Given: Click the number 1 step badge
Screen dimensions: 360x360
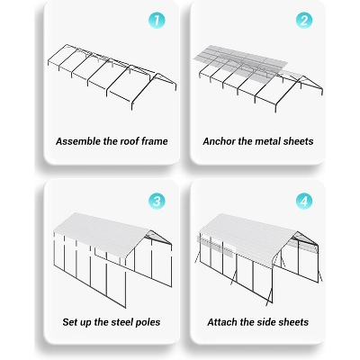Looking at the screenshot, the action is tap(157, 20).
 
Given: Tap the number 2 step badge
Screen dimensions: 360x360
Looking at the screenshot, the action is tap(304, 20).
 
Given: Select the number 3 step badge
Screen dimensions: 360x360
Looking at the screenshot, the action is tap(157, 201).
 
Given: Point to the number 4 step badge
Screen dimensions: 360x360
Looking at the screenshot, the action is tap(304, 201).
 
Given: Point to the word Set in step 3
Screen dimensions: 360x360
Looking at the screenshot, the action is tap(67, 322).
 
